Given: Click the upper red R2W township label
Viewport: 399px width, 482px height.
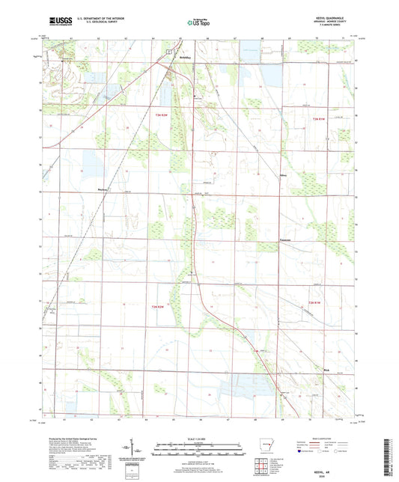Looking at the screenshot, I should [x=159, y=115].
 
